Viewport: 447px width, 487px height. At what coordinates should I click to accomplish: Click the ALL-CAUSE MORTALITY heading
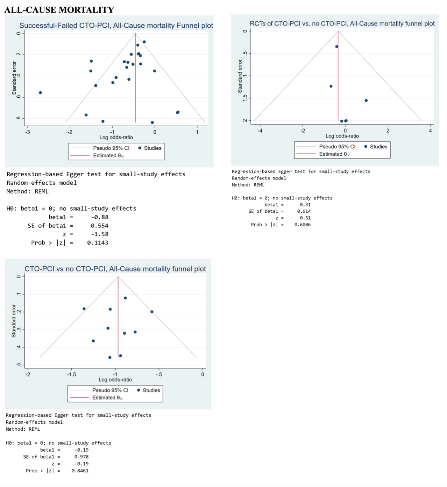[x=59, y=10]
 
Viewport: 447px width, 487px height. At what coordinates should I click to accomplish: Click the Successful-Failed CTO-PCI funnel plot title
[x=116, y=26]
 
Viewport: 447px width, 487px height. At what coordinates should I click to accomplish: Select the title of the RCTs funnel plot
[x=342, y=23]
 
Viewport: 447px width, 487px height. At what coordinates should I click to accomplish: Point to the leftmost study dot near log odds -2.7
[x=41, y=93]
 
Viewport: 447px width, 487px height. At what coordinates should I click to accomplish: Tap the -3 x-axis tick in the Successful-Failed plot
[x=28, y=132]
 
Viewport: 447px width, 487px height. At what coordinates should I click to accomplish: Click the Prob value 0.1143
[x=98, y=243]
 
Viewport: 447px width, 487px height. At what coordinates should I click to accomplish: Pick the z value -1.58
[x=100, y=234]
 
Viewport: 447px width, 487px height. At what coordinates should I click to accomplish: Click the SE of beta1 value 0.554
[x=99, y=226]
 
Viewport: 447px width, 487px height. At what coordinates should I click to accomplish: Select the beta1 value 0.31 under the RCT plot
[x=305, y=205]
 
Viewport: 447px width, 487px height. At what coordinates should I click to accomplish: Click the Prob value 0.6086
[x=302, y=225]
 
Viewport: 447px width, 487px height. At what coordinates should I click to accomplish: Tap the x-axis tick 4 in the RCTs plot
[x=430, y=130]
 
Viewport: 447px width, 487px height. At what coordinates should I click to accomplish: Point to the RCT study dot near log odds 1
[x=366, y=101]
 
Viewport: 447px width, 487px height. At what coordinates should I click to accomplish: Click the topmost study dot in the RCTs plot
[x=336, y=47]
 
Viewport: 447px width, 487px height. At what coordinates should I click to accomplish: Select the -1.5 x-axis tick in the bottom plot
[x=71, y=374]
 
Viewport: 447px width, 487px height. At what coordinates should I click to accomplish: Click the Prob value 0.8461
[x=80, y=471]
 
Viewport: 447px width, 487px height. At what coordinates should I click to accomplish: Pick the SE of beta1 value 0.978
[x=81, y=457]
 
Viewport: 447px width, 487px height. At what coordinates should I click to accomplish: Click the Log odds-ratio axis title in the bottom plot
[x=115, y=380]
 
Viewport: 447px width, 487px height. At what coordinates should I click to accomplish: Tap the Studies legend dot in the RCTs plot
[x=366, y=147]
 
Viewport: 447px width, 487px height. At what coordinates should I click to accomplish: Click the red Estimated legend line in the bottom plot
[x=80, y=397]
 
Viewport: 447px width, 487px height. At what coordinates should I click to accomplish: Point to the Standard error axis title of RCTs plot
[x=240, y=76]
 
